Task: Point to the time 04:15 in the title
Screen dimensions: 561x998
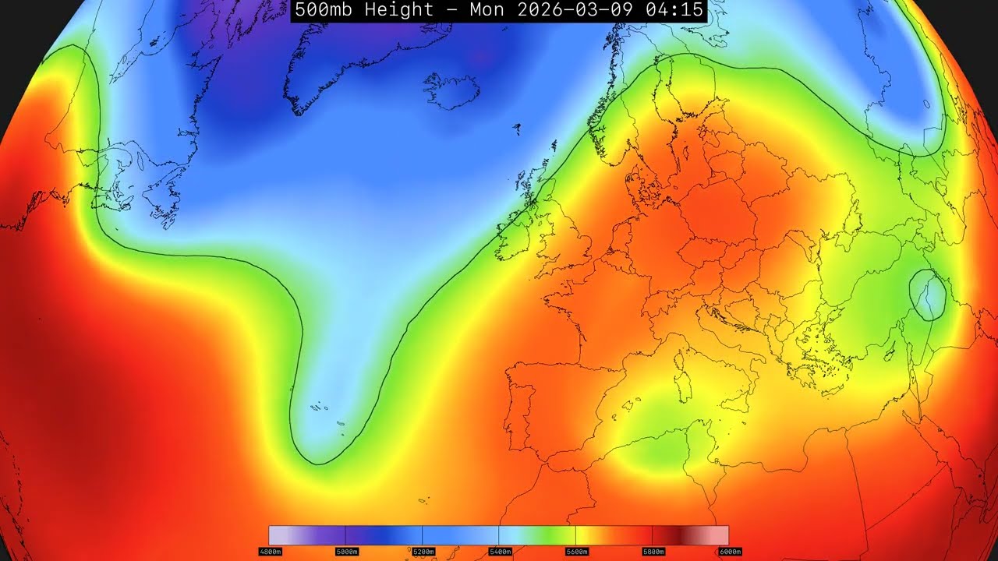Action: tap(675, 10)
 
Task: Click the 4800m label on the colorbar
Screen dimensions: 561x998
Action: tap(269, 552)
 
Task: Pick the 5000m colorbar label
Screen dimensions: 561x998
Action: tap(345, 552)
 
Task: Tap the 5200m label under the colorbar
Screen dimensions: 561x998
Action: tap(422, 552)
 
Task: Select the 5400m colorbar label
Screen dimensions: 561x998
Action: tap(499, 552)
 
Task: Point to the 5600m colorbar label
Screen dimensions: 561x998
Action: tap(575, 552)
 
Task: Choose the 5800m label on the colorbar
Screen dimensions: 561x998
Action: tap(652, 552)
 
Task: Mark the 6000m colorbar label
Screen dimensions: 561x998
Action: tap(729, 552)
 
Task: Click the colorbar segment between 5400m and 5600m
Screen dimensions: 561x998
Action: tap(537, 535)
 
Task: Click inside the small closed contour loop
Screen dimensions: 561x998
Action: tap(929, 295)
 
